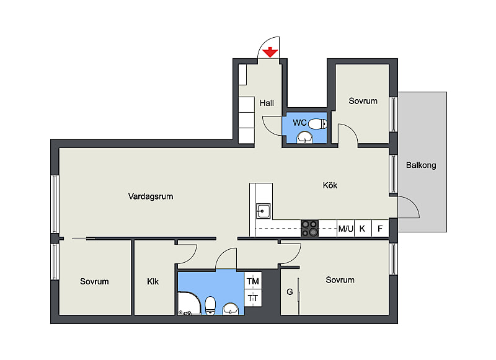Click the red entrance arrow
point(270,52)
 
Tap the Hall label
point(267,103)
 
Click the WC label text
point(299,123)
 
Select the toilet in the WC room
point(317,123)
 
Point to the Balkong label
point(421,165)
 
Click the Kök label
point(330,185)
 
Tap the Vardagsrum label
point(151,196)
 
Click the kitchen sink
point(263,211)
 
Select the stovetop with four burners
point(309,228)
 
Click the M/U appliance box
point(345,228)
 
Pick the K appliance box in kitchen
point(363,228)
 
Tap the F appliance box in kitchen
point(380,228)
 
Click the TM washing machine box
point(253,281)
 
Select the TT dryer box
point(253,298)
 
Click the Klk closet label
point(153,281)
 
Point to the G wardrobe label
point(290,292)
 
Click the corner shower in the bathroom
point(189,304)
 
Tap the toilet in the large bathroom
point(210,305)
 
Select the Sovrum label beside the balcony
point(363,101)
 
